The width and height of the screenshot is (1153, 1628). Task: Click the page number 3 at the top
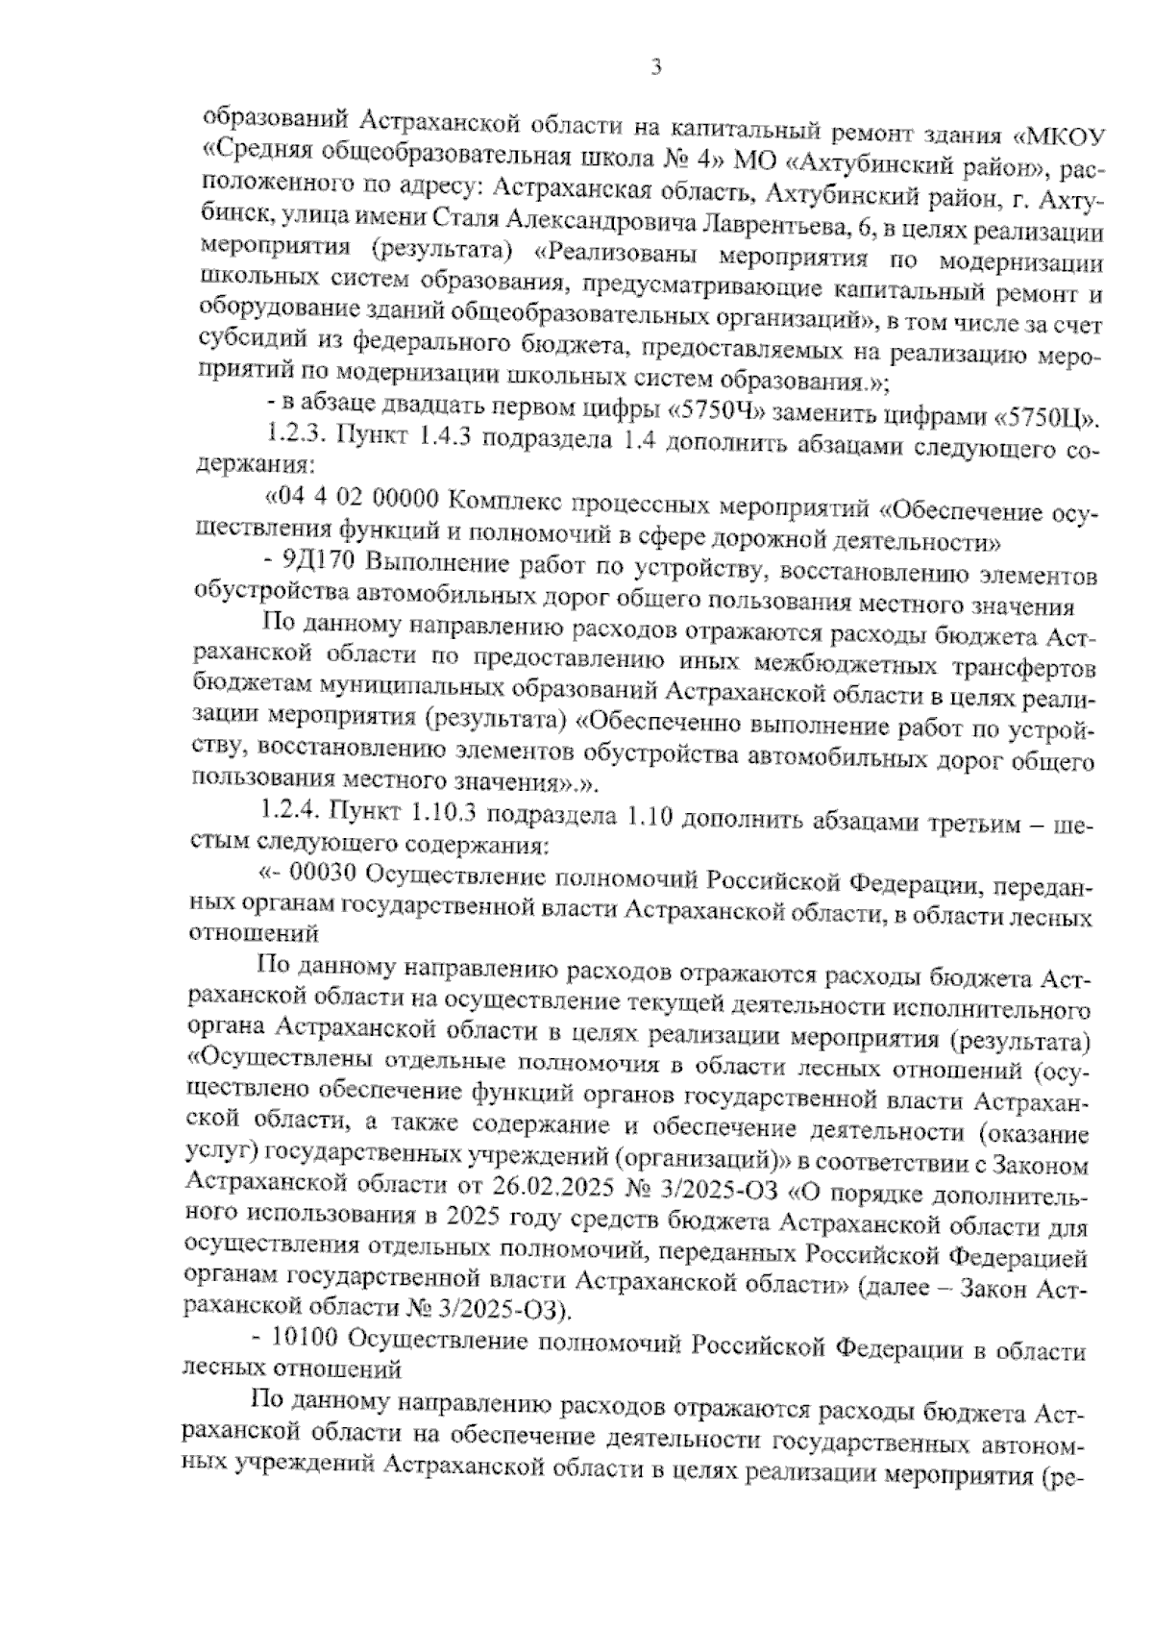point(656,66)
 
